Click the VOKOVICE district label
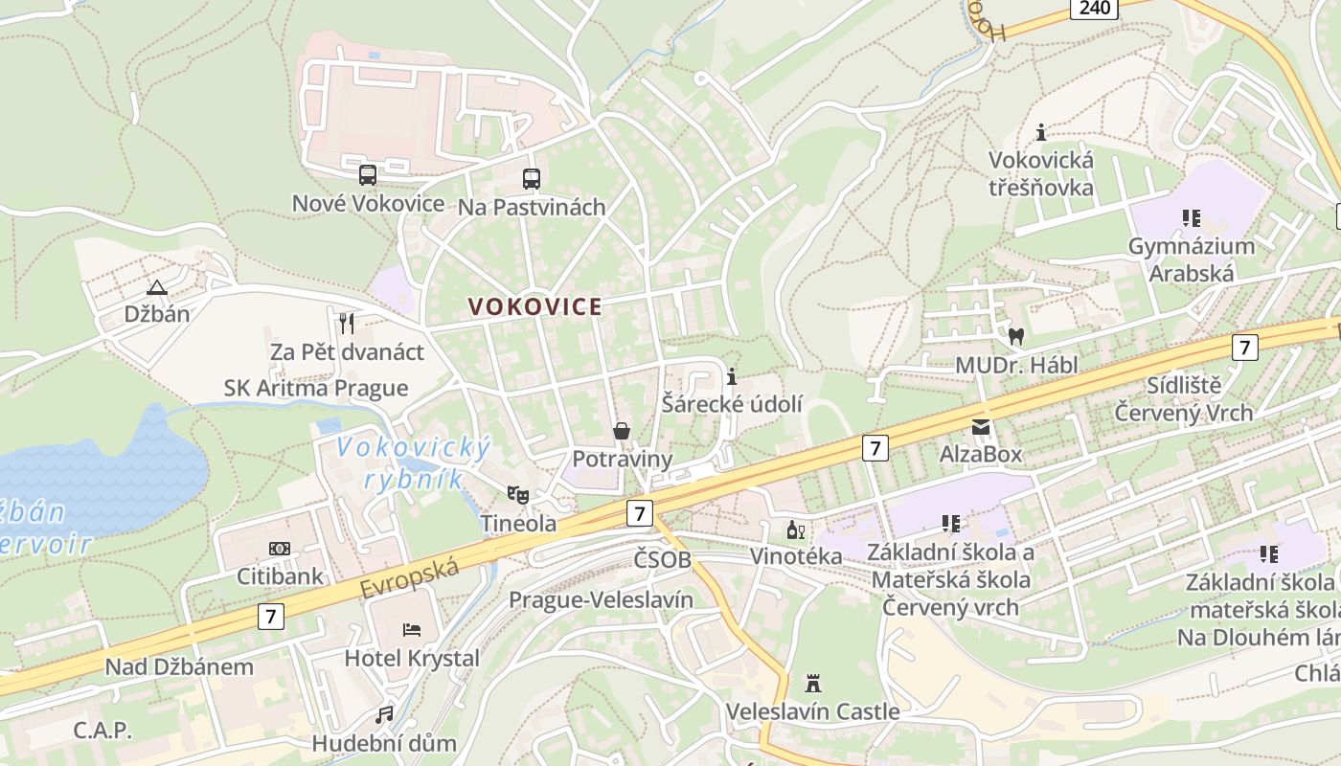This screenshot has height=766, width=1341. (x=535, y=306)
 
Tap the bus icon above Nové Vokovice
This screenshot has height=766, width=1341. (x=368, y=175)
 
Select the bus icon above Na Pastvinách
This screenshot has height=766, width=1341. (x=531, y=179)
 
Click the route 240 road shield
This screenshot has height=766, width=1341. (x=1094, y=9)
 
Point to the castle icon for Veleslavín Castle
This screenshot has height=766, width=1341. (x=813, y=684)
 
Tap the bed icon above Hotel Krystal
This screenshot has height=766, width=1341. (x=411, y=630)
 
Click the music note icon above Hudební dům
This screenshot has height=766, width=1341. (x=384, y=715)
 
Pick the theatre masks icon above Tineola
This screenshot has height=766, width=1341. (x=518, y=495)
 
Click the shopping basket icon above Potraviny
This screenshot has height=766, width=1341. (x=622, y=431)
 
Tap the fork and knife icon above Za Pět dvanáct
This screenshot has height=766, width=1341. (x=347, y=324)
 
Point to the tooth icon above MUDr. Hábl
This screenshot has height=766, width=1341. (x=1016, y=337)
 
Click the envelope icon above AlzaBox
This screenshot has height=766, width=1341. (x=981, y=426)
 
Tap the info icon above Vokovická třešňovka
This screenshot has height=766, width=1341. (x=1041, y=132)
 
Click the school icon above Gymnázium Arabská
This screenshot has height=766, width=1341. (x=1191, y=218)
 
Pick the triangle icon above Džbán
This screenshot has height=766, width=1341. (x=156, y=286)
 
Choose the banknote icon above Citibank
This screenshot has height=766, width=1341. (x=280, y=549)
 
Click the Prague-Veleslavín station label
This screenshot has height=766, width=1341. (x=601, y=600)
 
